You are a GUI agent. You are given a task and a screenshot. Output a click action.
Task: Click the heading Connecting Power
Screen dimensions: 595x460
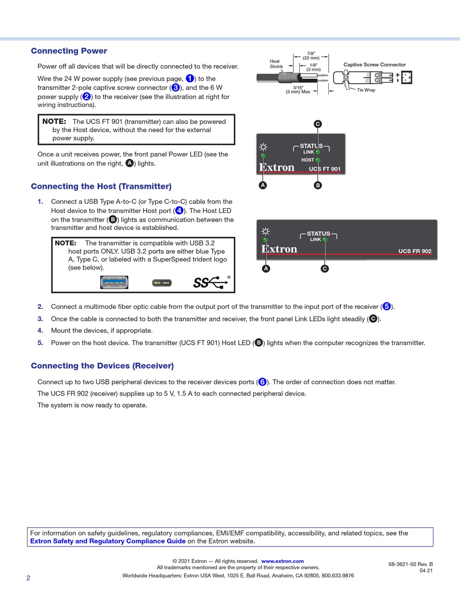(x=69, y=51)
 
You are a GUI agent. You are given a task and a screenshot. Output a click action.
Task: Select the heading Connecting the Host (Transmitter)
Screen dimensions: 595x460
(x=101, y=186)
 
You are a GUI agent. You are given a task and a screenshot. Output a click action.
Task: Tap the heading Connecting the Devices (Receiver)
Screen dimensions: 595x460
(x=102, y=366)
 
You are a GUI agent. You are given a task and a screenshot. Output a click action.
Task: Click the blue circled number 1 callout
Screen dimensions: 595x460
(x=190, y=78)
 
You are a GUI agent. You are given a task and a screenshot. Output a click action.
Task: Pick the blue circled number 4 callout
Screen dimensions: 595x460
(x=179, y=211)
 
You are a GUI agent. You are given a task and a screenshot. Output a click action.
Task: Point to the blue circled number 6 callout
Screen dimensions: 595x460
(x=262, y=382)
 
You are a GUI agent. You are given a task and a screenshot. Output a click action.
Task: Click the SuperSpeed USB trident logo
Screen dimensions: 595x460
(x=212, y=282)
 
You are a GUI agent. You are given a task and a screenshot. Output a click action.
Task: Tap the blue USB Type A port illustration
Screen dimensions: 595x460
(x=114, y=282)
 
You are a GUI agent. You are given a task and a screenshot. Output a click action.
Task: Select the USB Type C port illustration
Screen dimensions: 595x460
(x=162, y=283)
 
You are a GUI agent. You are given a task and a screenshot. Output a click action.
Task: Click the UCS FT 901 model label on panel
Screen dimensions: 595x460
(x=324, y=169)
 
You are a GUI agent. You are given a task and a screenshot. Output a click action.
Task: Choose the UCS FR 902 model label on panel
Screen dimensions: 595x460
(x=414, y=251)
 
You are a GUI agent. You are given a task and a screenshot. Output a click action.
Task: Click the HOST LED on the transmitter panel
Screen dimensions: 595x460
(x=318, y=160)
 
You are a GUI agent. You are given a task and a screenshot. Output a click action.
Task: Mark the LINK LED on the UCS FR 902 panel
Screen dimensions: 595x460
(x=325, y=240)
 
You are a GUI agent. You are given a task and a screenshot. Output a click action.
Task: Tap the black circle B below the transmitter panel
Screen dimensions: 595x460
(x=318, y=185)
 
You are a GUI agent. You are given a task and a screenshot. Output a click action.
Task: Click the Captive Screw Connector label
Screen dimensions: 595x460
(x=374, y=64)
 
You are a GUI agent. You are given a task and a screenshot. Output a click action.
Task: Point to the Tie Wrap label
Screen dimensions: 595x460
(x=366, y=90)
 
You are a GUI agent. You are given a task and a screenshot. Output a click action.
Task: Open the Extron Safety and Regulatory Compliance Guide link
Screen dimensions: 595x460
(x=107, y=541)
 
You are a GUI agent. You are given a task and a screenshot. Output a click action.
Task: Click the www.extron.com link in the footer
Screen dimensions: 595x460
(x=282, y=561)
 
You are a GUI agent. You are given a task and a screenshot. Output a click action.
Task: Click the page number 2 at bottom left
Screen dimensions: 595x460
(x=28, y=578)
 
